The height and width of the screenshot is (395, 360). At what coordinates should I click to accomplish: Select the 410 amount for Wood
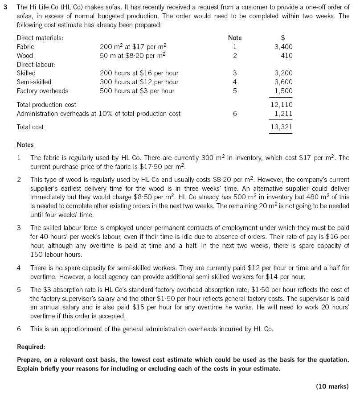pos(287,56)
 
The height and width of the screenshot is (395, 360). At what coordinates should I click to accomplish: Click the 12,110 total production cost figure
pos(282,105)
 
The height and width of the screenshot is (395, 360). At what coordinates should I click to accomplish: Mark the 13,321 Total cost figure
pos(282,127)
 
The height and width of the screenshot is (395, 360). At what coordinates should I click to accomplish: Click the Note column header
pos(235,38)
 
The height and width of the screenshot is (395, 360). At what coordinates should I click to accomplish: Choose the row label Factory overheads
pos(42,91)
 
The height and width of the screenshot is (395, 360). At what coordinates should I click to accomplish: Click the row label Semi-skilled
pos(34,82)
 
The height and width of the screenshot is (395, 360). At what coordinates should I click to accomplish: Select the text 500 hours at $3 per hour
pos(137,91)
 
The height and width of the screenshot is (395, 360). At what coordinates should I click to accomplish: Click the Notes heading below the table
pos(25,145)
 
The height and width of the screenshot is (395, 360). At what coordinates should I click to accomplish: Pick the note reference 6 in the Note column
pos(235,114)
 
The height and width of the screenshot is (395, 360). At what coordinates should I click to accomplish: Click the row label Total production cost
pos(46,105)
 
